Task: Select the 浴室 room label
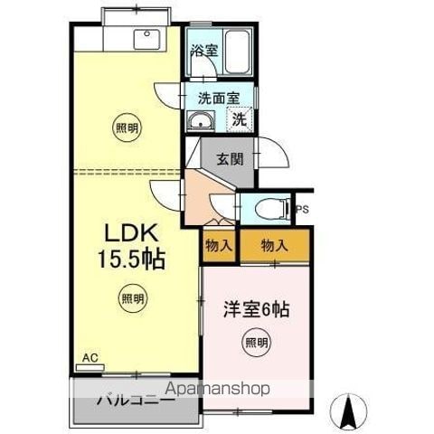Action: pyautogui.click(x=204, y=51)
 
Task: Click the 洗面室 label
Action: pyautogui.click(x=219, y=98)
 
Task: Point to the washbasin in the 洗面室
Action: pyautogui.click(x=200, y=121)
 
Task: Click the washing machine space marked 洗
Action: pyautogui.click(x=240, y=119)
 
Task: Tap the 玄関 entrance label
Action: pyautogui.click(x=230, y=159)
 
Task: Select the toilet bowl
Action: pyautogui.click(x=272, y=208)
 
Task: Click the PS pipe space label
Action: pyautogui.click(x=303, y=210)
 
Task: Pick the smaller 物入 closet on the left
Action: pyautogui.click(x=219, y=246)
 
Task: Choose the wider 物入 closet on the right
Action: pyautogui.click(x=275, y=245)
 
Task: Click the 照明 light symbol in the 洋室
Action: pyautogui.click(x=256, y=343)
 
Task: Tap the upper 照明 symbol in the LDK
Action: pyautogui.click(x=127, y=128)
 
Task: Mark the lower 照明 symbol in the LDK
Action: pyautogui.click(x=132, y=298)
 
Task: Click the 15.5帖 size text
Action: pyautogui.click(x=131, y=259)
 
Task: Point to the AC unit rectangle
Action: pyautogui.click(x=90, y=367)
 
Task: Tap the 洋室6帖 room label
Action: pyautogui.click(x=257, y=310)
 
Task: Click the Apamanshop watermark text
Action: pyautogui.click(x=217, y=389)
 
